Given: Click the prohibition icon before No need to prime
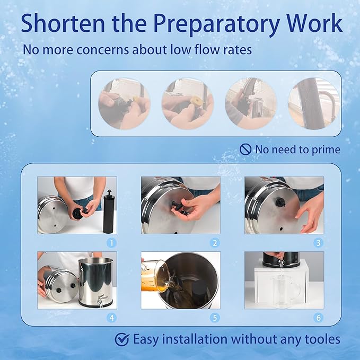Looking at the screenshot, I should pyautogui.click(x=245, y=150).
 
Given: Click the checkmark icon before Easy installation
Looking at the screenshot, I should pyautogui.click(x=122, y=339).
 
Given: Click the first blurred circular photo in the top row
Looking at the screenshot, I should pyautogui.click(x=124, y=103).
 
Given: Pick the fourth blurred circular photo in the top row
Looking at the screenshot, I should pyautogui.click(x=314, y=103).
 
